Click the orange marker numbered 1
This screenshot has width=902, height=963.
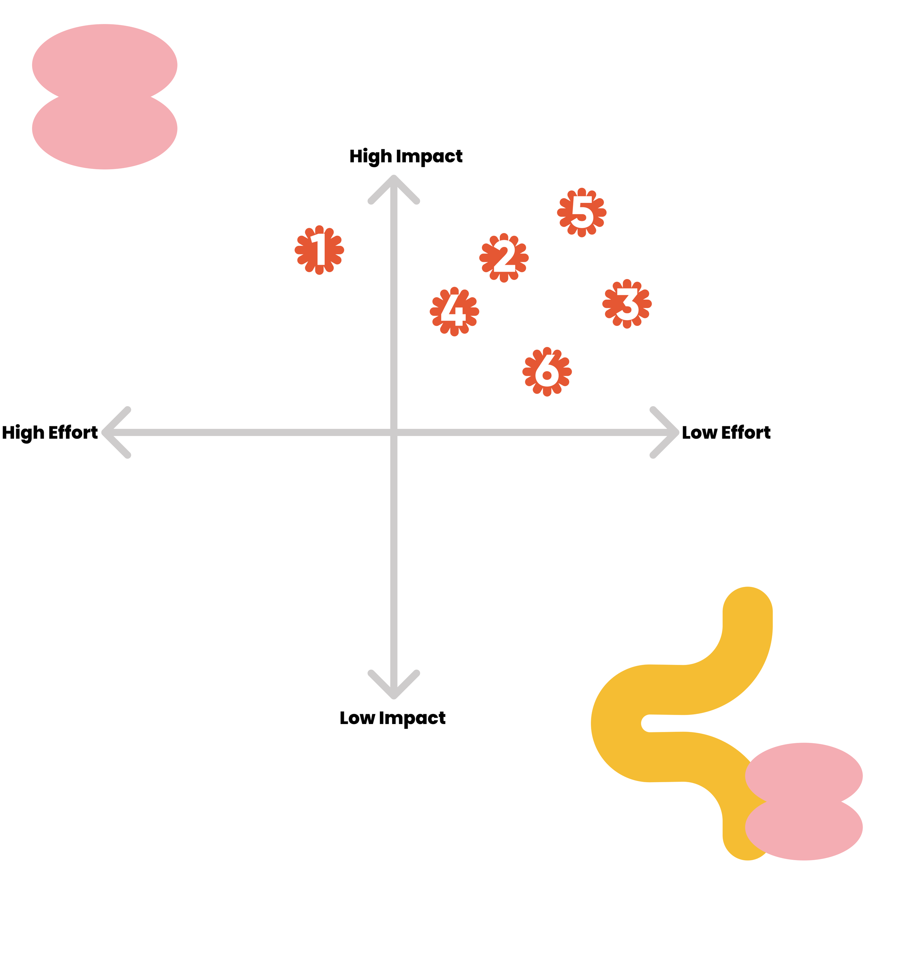(319, 250)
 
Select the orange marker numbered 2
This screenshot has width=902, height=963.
(504, 258)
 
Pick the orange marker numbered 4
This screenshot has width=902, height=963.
(454, 311)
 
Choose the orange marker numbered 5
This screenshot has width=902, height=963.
(582, 212)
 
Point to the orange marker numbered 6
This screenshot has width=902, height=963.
(547, 371)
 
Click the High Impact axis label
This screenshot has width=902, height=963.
(406, 156)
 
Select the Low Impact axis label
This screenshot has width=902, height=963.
(392, 718)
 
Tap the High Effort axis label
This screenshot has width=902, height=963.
(50, 432)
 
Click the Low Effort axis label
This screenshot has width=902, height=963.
(726, 432)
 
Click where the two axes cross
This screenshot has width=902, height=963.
(394, 432)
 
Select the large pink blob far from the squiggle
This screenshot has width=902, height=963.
(104, 97)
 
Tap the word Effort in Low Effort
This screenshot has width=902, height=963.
(746, 432)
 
